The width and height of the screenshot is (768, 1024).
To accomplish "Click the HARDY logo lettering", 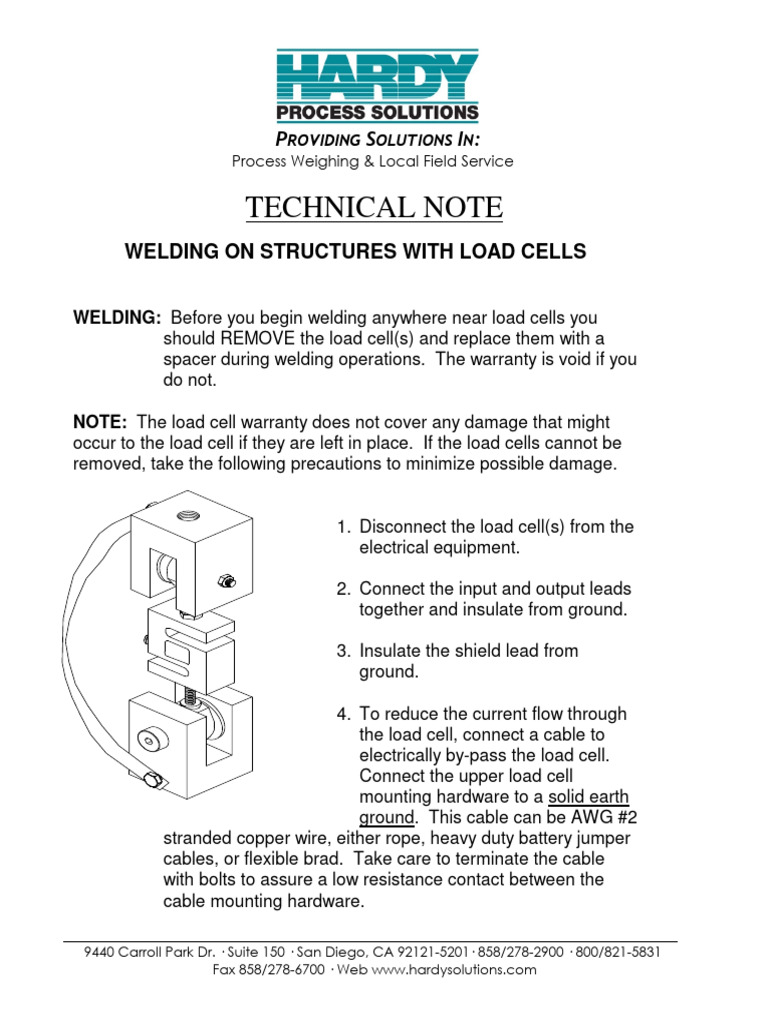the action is (383, 76).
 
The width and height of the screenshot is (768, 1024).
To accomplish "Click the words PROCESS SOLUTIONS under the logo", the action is (383, 113).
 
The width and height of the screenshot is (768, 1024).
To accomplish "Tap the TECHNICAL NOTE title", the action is (374, 208).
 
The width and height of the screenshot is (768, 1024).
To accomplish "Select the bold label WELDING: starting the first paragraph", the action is (117, 318).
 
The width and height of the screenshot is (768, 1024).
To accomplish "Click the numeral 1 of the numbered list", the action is (341, 527).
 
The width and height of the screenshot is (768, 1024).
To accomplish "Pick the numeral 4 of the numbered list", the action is (341, 714).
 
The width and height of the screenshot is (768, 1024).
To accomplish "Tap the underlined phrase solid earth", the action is (588, 797).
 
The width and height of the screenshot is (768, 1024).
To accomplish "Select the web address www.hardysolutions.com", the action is (454, 970).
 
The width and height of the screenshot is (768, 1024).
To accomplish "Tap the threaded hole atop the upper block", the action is (188, 518).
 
